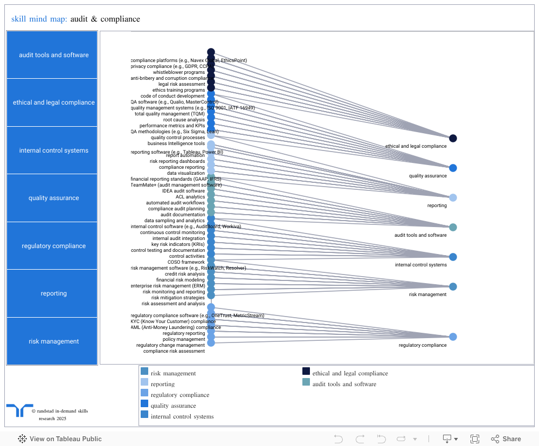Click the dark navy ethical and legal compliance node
pos(453,139)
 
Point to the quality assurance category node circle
pos(453,168)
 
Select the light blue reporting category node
pos(453,197)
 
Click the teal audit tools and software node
pos(453,227)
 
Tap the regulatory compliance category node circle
pos(453,337)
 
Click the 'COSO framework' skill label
pos(186,262)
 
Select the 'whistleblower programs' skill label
pos(179,72)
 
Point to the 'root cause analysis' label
pos(184,120)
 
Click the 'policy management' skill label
pos(184,339)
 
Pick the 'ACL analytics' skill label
pos(190,197)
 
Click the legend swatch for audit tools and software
pos(306,382)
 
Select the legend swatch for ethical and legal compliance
pos(306,371)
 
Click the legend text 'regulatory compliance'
pos(179,395)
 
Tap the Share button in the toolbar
pos(506,439)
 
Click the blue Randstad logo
pos(19,410)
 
